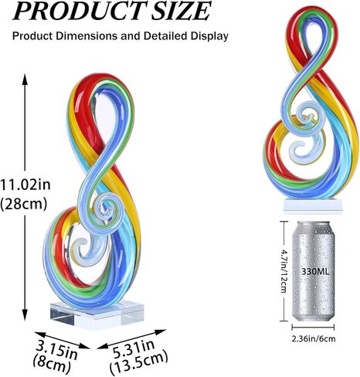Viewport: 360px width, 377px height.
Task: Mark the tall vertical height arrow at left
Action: coord(26,193)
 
